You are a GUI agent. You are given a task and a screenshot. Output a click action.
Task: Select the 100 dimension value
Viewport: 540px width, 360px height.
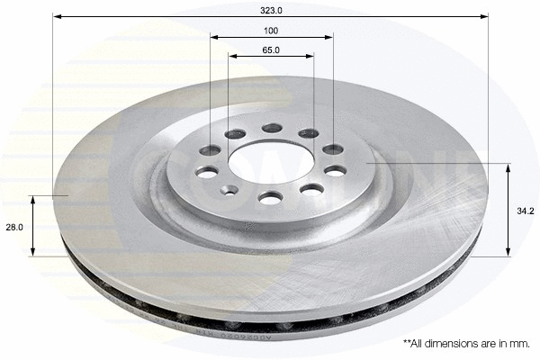point(271,30)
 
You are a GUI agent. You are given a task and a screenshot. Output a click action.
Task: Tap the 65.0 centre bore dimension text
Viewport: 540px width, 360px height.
point(271,49)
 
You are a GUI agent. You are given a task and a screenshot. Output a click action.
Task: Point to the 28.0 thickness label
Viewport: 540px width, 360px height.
point(14,229)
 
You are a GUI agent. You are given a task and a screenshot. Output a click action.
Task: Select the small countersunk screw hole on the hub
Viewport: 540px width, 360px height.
point(230,189)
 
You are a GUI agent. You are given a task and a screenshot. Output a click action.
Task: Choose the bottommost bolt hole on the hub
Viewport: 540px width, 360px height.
point(270,197)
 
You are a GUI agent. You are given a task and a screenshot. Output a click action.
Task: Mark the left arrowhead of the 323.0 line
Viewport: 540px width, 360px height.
point(57,16)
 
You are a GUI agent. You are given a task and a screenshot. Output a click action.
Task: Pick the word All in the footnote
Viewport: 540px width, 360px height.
point(421,343)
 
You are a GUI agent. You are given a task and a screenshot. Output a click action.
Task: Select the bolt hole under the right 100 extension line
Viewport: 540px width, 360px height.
point(333,148)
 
